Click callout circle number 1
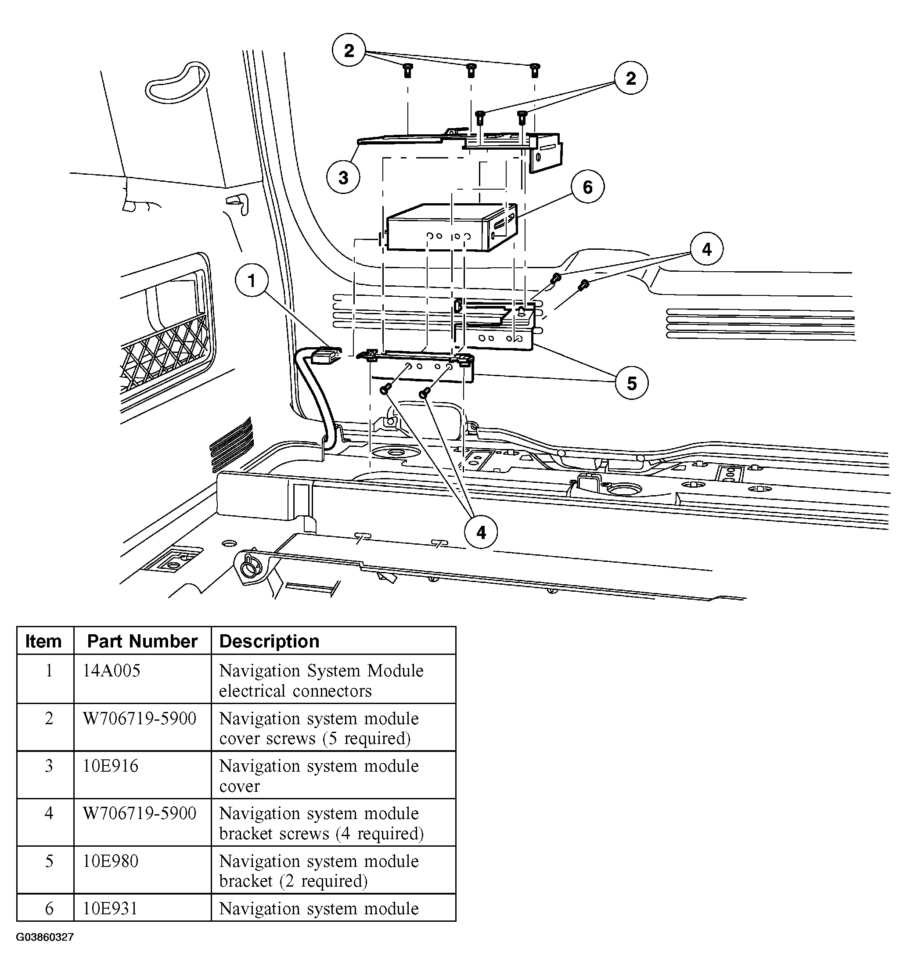[252, 281]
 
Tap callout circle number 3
[343, 177]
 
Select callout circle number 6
[587, 187]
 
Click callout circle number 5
[631, 383]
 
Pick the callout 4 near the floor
[481, 532]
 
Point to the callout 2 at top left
[349, 50]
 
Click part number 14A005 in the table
[111, 670]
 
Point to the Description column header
[269, 641]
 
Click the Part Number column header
[142, 641]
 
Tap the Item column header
[43, 641]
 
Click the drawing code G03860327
[45, 937]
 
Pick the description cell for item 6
[318, 908]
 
